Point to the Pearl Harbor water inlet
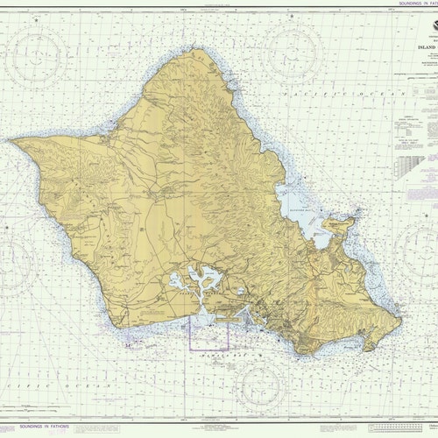[199, 281]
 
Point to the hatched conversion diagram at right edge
[415, 170]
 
